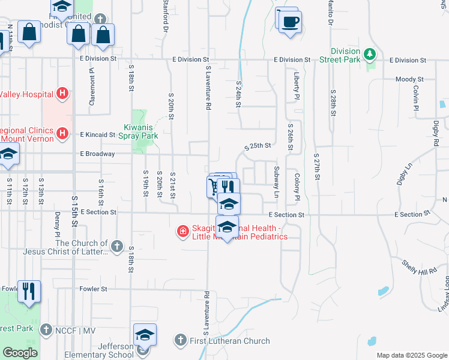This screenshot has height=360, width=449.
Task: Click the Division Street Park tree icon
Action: pyautogui.click(x=370, y=55)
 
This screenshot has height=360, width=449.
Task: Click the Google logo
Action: pyautogui.click(x=20, y=353)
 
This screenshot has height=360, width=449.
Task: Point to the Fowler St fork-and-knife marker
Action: pyautogui.click(x=29, y=291)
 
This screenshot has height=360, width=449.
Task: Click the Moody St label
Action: pyautogui.click(x=409, y=79)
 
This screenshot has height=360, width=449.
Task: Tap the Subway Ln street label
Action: pyautogui.click(x=277, y=182)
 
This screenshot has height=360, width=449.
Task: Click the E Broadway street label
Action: pyautogui.click(x=97, y=154)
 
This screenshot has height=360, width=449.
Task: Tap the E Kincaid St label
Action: pyautogui.click(x=97, y=135)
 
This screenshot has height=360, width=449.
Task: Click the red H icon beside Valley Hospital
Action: pyautogui.click(x=62, y=94)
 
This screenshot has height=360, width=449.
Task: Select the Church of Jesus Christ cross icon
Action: pyautogui.click(x=117, y=246)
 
